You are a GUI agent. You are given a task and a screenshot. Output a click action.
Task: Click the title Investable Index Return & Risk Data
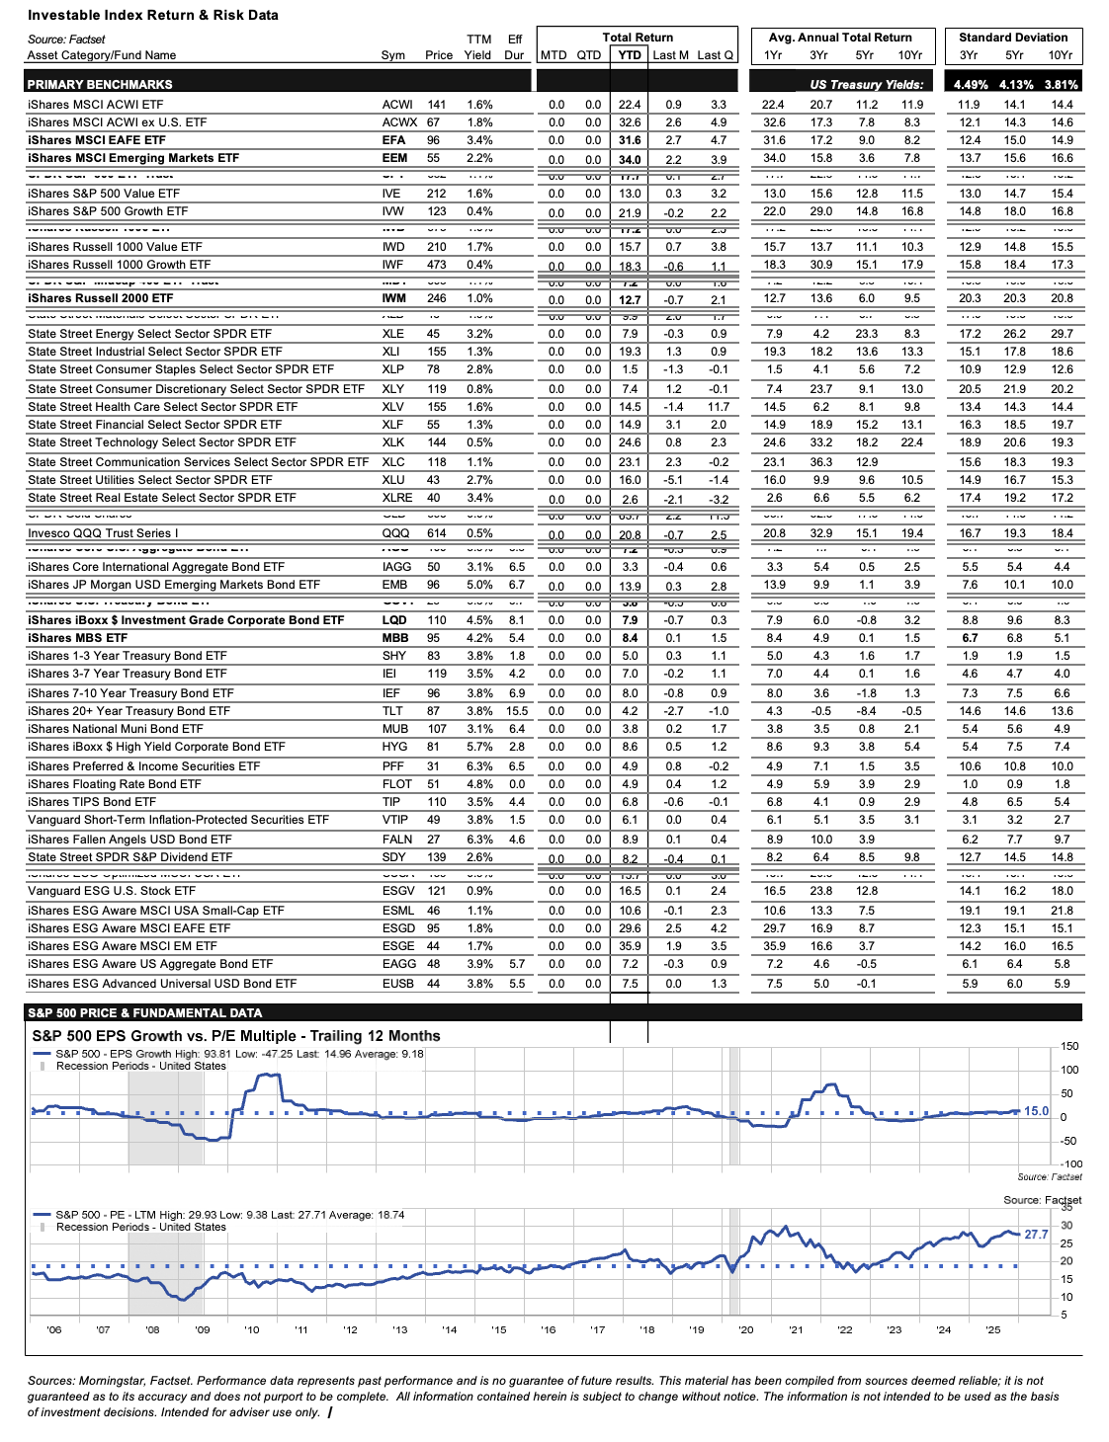tap(152, 15)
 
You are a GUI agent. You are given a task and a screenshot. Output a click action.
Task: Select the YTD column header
tap(630, 55)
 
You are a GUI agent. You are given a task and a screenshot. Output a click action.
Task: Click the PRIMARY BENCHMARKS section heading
tap(100, 85)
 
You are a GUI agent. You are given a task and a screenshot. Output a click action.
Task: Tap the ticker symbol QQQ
tap(395, 533)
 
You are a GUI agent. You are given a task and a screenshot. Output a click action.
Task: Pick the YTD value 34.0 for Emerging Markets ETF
tap(630, 159)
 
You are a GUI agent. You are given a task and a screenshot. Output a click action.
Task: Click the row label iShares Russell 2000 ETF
tap(100, 298)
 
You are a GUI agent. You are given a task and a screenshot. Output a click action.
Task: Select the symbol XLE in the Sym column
tap(392, 334)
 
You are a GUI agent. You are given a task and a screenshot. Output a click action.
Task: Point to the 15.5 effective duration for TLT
tap(517, 711)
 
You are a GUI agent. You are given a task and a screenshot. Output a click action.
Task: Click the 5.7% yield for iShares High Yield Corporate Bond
tap(479, 747)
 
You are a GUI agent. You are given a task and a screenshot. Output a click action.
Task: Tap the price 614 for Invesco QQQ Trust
tap(436, 533)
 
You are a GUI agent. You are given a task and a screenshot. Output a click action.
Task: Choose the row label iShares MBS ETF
tap(77, 638)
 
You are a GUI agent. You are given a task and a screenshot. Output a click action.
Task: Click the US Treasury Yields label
tap(867, 85)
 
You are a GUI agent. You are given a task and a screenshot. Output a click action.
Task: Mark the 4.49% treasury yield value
tap(971, 85)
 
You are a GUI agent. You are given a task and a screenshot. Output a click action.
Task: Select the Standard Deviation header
tap(1013, 38)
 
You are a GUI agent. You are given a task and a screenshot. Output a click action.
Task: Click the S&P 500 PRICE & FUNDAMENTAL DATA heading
tap(144, 1012)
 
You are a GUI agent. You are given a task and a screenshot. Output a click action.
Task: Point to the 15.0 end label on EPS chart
tap(1036, 1111)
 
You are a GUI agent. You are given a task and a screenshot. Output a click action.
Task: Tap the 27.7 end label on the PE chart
tap(1036, 1235)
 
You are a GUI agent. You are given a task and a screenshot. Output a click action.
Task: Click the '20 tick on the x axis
tap(745, 1329)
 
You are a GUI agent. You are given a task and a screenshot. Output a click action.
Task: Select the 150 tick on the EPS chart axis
tap(1069, 1046)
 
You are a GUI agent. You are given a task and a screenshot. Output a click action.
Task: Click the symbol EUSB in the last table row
tap(398, 984)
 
